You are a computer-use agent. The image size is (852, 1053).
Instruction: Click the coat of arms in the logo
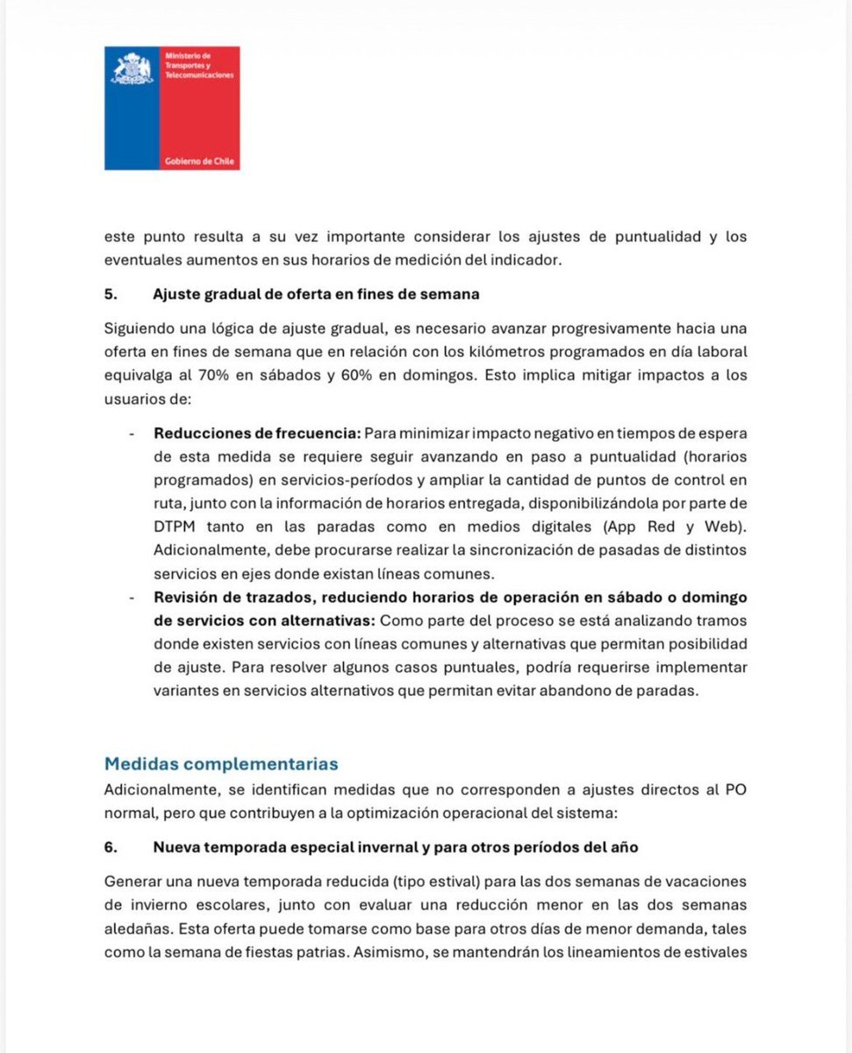click(132, 69)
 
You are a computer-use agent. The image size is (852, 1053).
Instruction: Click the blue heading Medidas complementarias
click(221, 763)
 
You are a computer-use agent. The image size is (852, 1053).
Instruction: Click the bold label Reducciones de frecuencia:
click(256, 433)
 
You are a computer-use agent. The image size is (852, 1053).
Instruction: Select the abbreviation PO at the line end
click(735, 789)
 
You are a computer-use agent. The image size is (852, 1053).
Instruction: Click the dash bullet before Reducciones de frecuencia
click(131, 433)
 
